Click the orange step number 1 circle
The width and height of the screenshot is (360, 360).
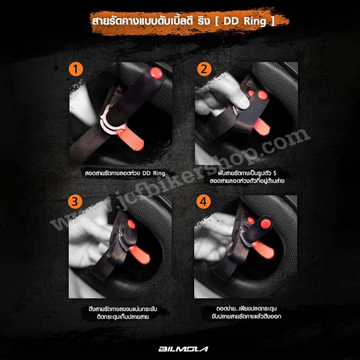pos(76,69)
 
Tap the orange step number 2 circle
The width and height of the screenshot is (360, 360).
pos(204,69)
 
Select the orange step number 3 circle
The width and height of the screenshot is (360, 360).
pos(75,202)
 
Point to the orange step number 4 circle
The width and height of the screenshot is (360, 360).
pos(203,202)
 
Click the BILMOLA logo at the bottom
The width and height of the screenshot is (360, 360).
pos(183,349)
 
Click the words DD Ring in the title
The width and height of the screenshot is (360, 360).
pos(245,21)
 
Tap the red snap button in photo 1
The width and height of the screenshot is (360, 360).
pos(156,73)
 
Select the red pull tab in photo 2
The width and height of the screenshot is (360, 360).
pos(261,127)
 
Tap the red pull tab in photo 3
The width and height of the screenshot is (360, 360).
pos(140,255)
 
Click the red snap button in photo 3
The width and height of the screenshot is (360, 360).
pos(131,224)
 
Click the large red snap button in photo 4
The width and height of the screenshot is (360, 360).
pos(266,223)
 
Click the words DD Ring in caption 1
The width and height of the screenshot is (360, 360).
pos(154,173)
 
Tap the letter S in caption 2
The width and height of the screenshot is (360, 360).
pos(275,173)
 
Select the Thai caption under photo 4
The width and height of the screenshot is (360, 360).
pos(246,312)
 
